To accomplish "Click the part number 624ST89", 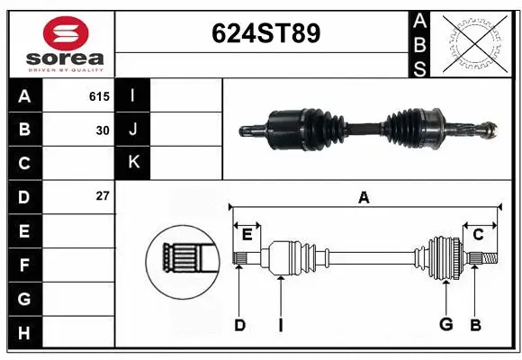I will point(265,33).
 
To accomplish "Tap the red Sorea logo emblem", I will point(66,37).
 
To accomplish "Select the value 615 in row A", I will point(99,94).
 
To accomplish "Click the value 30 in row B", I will point(103,130).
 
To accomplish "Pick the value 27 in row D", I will point(103,195).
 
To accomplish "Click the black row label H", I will point(24,333).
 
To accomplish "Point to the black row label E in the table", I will point(24,231).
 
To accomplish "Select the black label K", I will point(134,162).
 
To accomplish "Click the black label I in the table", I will point(134,94).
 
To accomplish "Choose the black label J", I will point(134,129).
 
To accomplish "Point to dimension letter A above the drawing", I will point(364,197).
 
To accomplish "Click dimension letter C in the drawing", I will point(479,235).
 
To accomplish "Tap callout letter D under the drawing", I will point(239,325).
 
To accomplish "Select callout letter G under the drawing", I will point(445,325).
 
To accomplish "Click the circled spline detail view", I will point(182,259).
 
